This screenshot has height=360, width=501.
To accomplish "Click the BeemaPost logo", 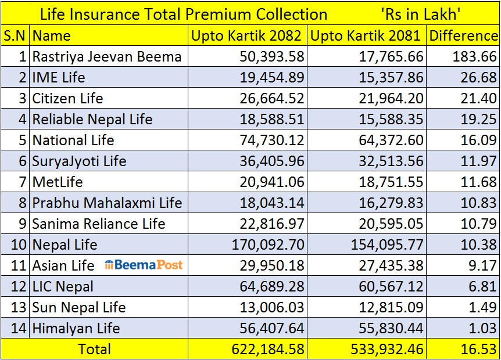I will [144, 265].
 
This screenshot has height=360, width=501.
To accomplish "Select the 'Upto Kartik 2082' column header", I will [247, 35].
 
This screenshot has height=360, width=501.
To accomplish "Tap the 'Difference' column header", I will [463, 35].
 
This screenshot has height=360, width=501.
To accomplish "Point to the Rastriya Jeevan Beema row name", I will [107, 56].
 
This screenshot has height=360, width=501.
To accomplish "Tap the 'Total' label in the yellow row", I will [94, 349].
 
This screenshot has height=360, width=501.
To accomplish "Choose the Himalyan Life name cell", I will [76, 328].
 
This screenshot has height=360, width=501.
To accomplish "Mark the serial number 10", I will [18, 244].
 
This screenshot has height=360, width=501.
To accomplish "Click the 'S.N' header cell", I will [15, 35].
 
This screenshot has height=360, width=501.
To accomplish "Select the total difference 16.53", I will [479, 349].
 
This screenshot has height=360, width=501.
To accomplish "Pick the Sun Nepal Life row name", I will [79, 307].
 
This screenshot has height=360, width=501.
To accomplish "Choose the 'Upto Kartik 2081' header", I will [366, 35].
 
